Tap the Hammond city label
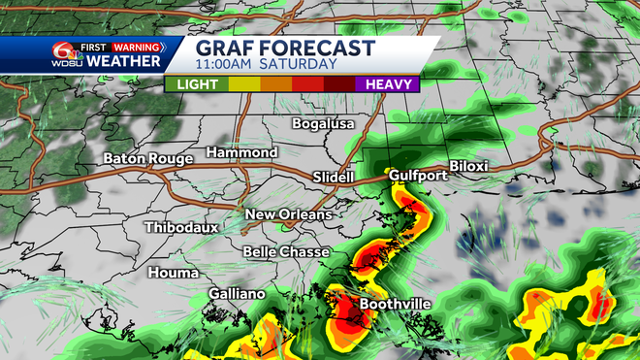pos(241,152)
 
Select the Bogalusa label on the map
pos(324,123)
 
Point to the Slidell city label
pos(336,177)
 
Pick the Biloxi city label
pos(468,166)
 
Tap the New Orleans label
pos(288,214)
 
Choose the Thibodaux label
pos(181,227)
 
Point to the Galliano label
pos(237,294)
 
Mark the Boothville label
pos(395,304)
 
